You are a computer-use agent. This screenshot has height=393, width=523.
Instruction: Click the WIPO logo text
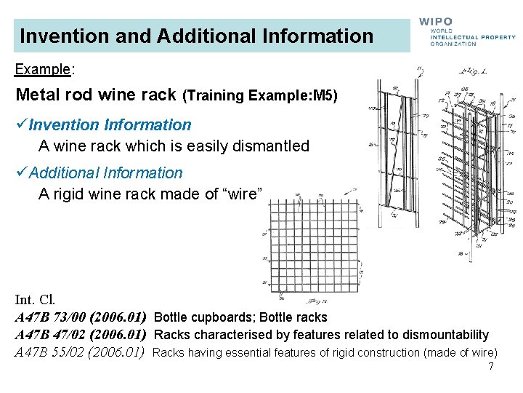pyautogui.click(x=435, y=23)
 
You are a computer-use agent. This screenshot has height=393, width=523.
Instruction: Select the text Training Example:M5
pyautogui.click(x=260, y=95)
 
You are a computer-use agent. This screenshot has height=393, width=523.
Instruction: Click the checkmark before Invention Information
pyautogui.click(x=21, y=125)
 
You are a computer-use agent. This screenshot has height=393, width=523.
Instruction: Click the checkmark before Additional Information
pyautogui.click(x=21, y=173)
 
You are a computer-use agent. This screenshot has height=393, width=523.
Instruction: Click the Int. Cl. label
pyautogui.click(x=35, y=300)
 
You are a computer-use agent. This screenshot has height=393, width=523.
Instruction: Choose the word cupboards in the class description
pyautogui.click(x=221, y=317)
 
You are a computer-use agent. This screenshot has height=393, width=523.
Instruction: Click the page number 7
pyautogui.click(x=491, y=366)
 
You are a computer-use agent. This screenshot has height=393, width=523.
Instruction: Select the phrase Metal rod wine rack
pyautogui.click(x=95, y=95)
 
